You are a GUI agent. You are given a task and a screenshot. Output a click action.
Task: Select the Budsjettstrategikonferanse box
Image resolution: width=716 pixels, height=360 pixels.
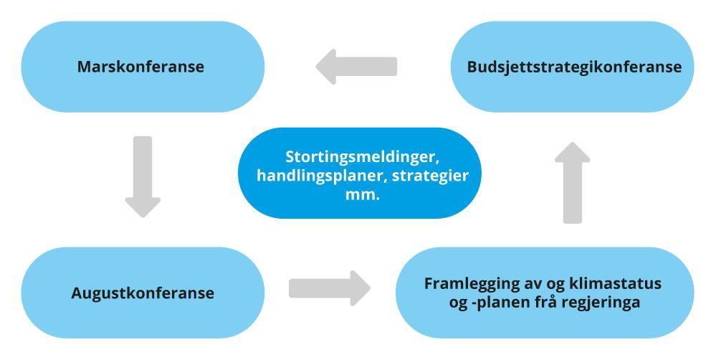(573, 67)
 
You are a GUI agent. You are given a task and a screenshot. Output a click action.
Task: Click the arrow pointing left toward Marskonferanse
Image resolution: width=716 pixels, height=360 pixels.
(356, 67)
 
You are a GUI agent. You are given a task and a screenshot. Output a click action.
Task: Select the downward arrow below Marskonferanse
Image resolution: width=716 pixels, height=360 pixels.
(143, 176)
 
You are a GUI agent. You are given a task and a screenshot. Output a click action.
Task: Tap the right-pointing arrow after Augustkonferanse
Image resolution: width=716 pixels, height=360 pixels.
(329, 288)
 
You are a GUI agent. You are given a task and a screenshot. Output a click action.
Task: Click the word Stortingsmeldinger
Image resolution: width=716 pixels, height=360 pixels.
(350, 156)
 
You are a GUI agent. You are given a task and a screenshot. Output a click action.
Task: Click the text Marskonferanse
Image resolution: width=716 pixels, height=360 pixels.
(141, 67)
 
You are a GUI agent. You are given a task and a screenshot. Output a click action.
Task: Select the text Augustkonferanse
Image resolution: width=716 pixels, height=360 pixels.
(143, 293)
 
